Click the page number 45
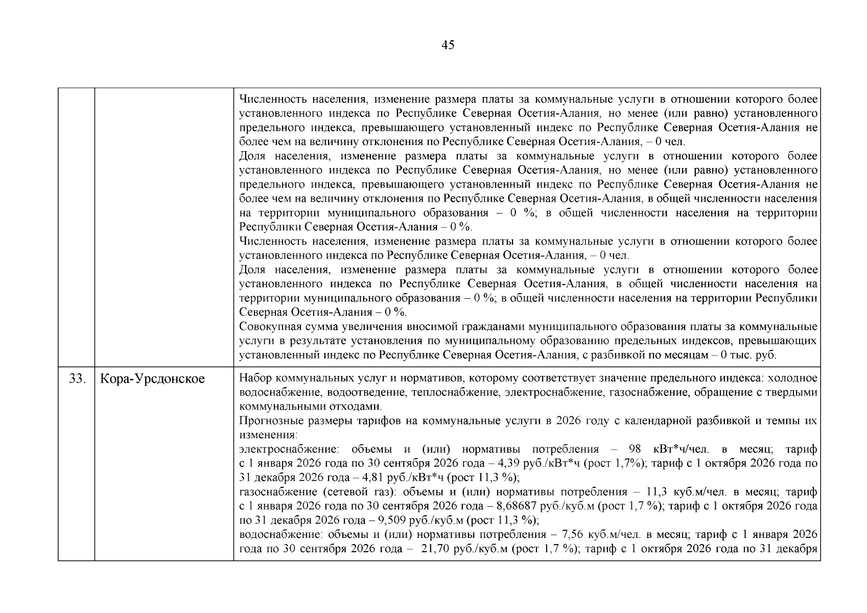point(447,45)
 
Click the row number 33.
point(77,379)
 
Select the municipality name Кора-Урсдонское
point(152,379)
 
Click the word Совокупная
point(269,327)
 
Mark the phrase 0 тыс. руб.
point(748,356)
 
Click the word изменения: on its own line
point(268,435)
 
